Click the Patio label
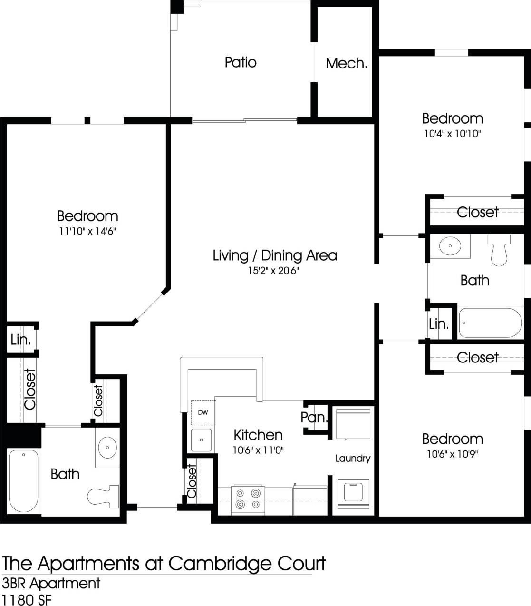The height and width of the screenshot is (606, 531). tap(241, 62)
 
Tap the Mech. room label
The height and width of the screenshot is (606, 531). tap(346, 63)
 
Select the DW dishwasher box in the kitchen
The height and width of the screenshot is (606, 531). tap(203, 412)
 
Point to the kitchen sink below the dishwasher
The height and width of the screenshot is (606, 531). tap(202, 440)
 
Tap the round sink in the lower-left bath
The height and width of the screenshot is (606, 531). tap(107, 447)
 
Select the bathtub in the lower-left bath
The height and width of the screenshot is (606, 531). tap(24, 480)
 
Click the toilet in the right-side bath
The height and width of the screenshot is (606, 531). tap(499, 249)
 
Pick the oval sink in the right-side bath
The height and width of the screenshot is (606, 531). tap(449, 246)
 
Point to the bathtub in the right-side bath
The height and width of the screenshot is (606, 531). tap(490, 323)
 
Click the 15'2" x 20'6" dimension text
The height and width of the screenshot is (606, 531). tap(273, 271)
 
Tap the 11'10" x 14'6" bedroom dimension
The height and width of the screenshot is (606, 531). tap(87, 232)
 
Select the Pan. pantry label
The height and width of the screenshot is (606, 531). tap(314, 418)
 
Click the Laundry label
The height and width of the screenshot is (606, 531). tap(352, 459)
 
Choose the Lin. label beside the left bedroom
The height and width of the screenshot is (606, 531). tap(20, 340)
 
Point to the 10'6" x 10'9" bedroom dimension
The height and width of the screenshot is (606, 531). tap(452, 454)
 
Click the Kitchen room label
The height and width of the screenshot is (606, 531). tap(258, 435)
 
